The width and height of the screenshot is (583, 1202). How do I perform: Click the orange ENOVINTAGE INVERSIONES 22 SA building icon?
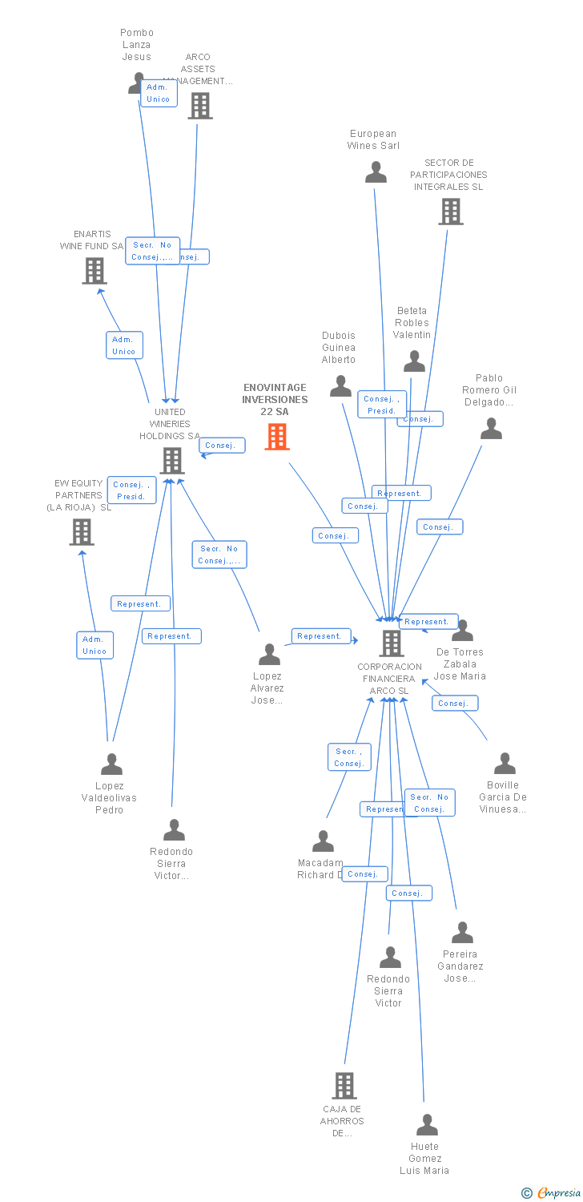click(277, 437)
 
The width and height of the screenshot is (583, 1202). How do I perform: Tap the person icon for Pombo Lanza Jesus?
click(136, 83)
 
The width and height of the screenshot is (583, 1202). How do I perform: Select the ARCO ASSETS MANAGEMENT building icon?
click(200, 105)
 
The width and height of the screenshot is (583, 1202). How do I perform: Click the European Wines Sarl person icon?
click(376, 172)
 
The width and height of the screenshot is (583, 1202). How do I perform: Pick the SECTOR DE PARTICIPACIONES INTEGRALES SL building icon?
click(451, 211)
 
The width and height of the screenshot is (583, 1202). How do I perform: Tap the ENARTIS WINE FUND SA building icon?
click(94, 271)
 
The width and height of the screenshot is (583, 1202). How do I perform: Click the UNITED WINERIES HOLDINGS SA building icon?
click(171, 461)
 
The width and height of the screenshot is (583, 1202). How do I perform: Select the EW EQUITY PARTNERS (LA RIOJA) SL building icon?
click(82, 531)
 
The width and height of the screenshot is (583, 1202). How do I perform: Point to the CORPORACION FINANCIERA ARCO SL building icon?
click(391, 643)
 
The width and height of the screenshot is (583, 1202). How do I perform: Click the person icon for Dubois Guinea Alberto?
click(340, 386)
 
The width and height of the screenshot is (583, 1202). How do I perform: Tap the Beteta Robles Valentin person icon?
click(414, 361)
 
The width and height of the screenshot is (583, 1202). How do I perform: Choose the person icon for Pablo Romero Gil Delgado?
click(491, 429)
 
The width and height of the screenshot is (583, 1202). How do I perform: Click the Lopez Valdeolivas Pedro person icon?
click(111, 764)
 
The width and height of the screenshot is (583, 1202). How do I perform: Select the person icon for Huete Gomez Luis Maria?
click(427, 1125)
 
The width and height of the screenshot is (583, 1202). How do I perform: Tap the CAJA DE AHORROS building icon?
click(344, 1086)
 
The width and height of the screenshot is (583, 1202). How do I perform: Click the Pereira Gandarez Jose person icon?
click(462, 933)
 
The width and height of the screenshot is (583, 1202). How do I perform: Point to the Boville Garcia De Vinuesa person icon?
click(505, 764)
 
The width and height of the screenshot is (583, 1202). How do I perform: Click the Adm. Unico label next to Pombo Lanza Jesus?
click(158, 93)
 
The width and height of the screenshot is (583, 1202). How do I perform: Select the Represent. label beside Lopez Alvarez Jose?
click(320, 636)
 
